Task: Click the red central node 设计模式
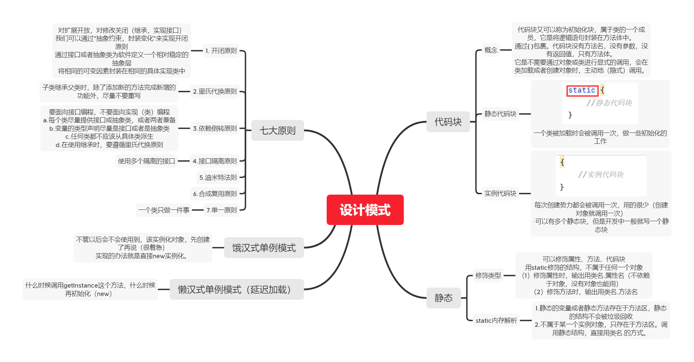click(365, 210)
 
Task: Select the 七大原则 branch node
click(277, 130)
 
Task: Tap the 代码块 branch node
click(448, 122)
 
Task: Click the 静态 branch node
click(444, 298)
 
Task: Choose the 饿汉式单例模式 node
click(264, 248)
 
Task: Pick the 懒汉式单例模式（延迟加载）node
click(236, 289)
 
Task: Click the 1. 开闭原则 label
click(221, 51)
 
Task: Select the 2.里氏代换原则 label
click(215, 91)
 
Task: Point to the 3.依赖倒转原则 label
click(215, 129)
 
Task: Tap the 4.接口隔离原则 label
click(215, 161)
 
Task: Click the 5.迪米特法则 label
click(218, 178)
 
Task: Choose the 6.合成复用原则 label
click(215, 194)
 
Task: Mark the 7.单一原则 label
click(221, 210)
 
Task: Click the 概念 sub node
click(491, 50)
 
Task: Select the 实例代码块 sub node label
click(500, 194)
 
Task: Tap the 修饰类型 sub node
click(488, 276)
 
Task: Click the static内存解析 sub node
click(496, 321)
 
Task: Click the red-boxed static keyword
click(582, 90)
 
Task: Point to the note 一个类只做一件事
click(164, 210)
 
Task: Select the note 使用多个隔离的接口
click(146, 161)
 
